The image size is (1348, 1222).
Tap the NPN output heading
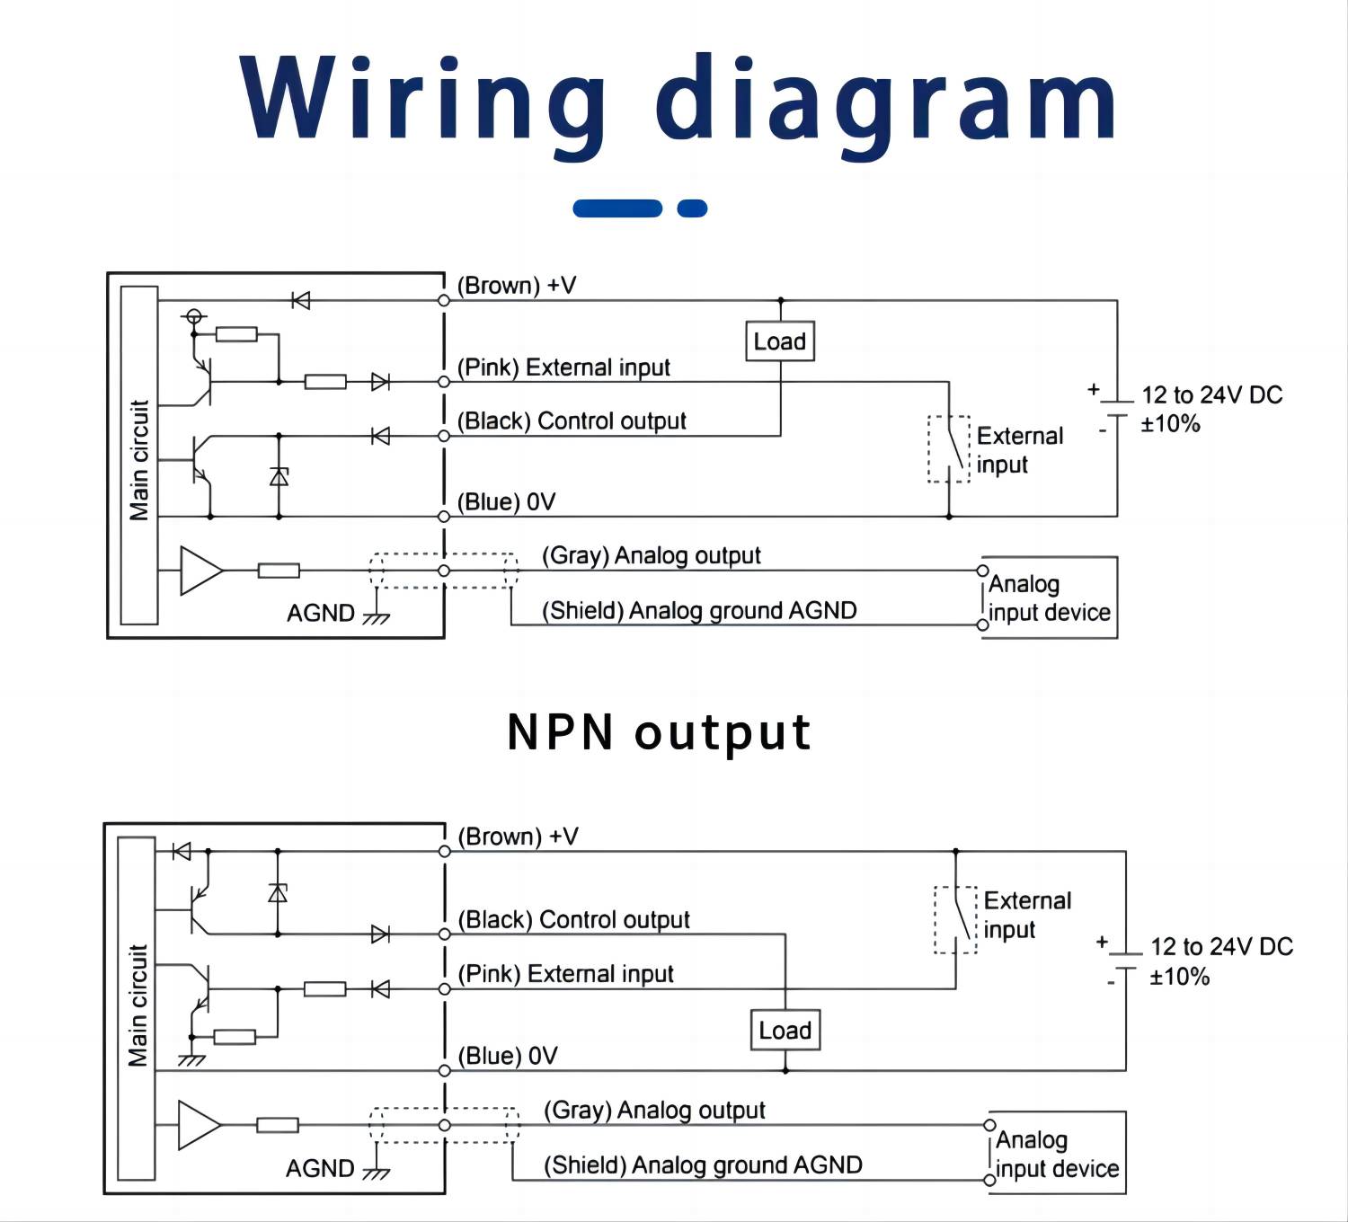point(659,731)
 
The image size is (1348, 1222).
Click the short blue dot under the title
point(692,208)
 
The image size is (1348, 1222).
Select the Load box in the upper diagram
point(780,341)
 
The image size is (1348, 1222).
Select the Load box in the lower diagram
point(785,1031)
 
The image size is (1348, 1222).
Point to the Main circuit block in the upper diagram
point(139,456)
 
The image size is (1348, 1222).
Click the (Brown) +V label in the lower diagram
point(518,837)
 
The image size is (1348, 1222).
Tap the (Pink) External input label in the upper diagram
point(563,367)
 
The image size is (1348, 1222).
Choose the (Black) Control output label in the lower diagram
point(573,920)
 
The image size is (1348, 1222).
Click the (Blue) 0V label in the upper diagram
point(506,501)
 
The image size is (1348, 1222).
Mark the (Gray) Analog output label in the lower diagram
point(654,1111)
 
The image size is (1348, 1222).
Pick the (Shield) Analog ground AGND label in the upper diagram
point(698,611)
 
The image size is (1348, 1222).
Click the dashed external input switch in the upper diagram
point(949,449)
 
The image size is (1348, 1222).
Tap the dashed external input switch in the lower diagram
point(955,920)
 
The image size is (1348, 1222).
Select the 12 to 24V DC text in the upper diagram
point(1211,395)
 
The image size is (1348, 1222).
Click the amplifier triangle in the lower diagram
point(199,1125)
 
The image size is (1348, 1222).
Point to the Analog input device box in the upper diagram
point(1049,598)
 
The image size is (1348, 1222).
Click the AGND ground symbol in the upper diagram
point(376,616)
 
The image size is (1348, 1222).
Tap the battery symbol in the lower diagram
point(1124,961)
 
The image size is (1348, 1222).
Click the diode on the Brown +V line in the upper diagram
point(301,300)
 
